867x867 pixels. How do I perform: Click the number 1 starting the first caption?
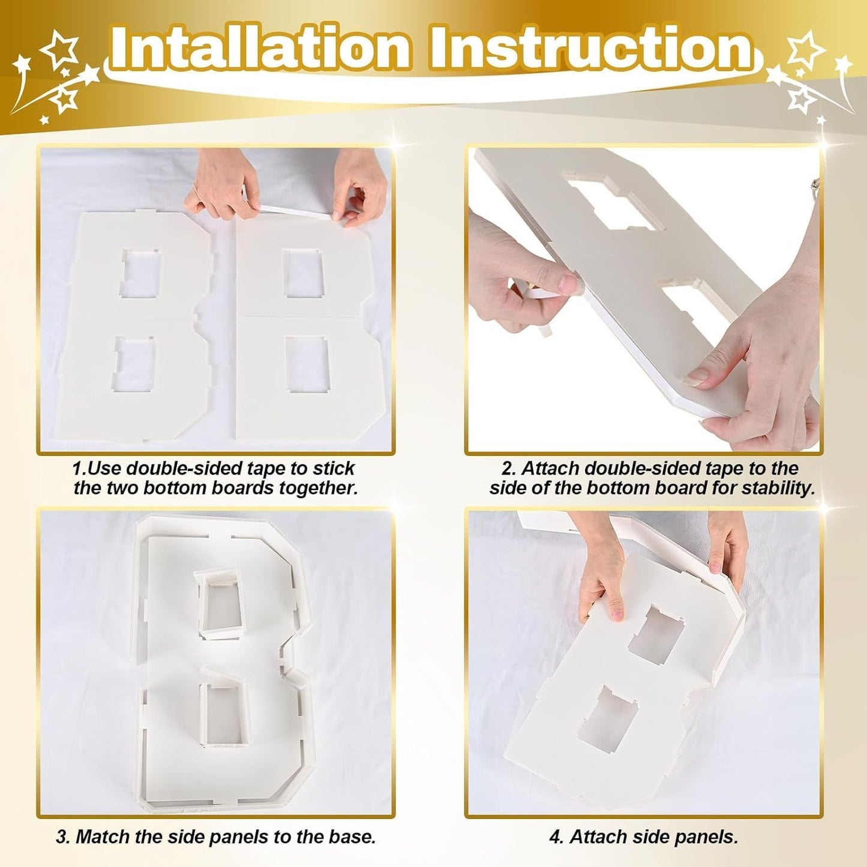[76, 469]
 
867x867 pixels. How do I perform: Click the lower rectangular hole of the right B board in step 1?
[307, 364]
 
